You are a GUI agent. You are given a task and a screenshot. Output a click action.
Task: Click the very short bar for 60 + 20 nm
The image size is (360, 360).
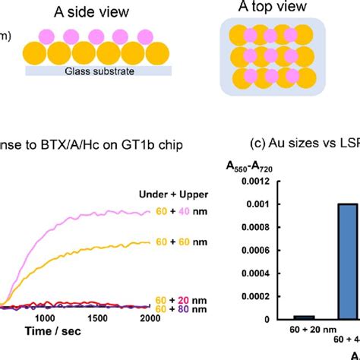tap(283, 316)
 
